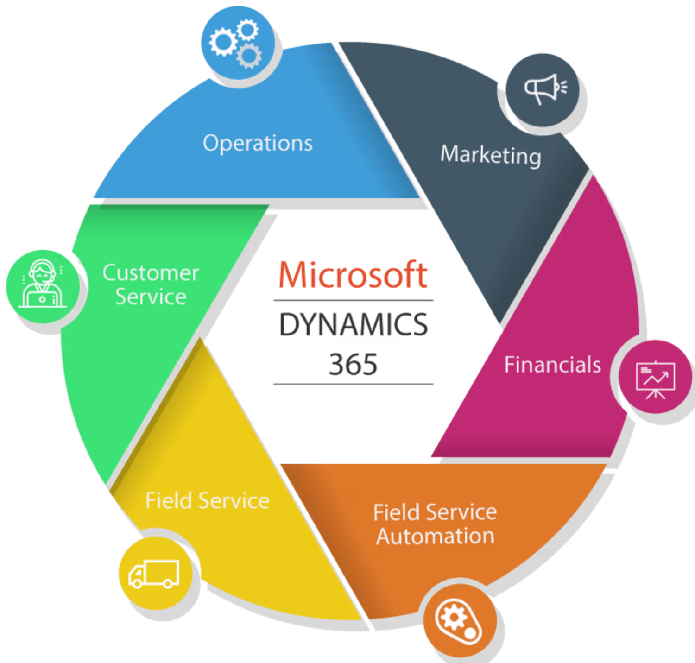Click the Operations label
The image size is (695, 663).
258,143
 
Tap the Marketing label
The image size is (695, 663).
490,155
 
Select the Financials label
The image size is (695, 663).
552,365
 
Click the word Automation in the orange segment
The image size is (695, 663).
435,537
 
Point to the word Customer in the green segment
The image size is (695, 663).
151,272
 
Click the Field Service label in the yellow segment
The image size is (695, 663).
207,501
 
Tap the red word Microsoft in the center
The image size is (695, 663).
353,275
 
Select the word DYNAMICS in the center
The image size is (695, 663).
354,324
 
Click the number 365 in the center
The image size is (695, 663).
353,364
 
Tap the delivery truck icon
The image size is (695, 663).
154,574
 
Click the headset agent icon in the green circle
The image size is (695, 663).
42,284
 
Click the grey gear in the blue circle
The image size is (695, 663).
249,56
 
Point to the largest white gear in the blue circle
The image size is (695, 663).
223,42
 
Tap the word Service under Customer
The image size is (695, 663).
151,297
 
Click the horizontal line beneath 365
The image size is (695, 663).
353,384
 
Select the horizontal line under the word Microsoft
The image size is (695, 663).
353,301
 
